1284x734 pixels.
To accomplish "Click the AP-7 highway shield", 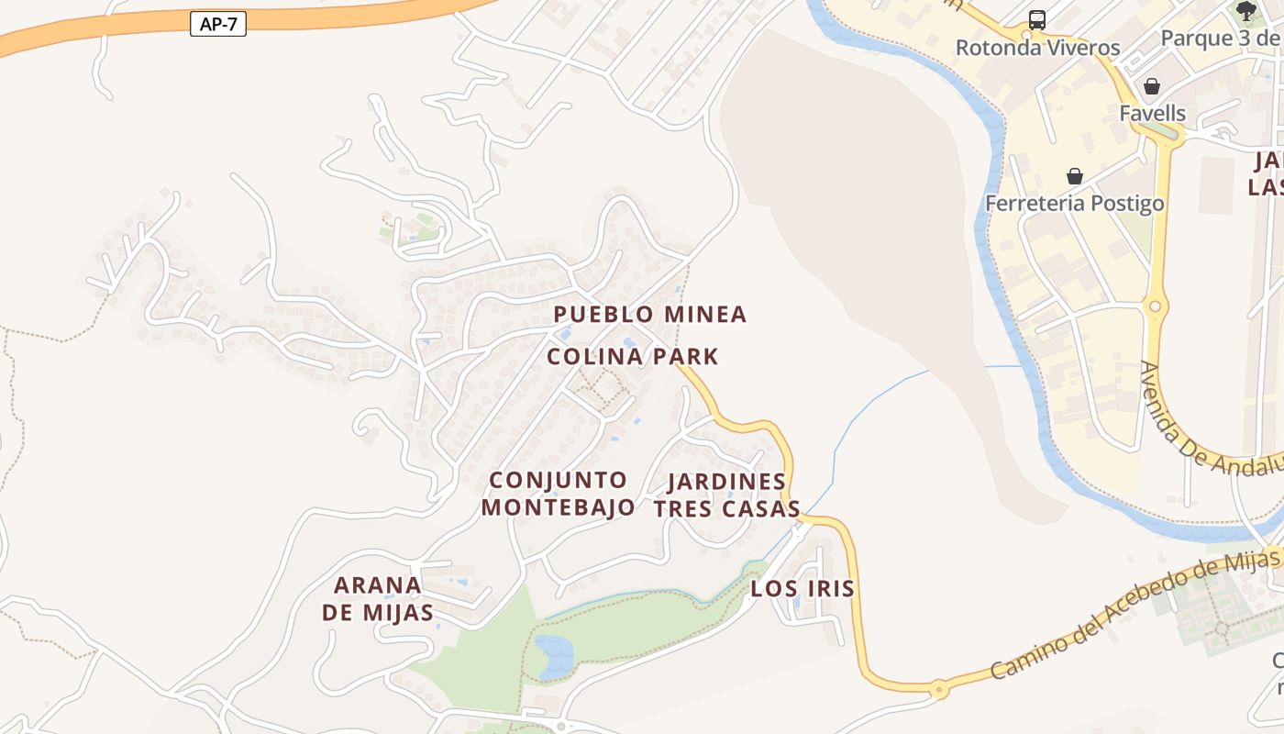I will (218, 24).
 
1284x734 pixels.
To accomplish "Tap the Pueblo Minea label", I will (650, 315).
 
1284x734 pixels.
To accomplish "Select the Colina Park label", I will (633, 357).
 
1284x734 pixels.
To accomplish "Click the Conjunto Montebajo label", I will (558, 494).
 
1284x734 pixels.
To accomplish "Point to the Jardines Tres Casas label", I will (726, 495).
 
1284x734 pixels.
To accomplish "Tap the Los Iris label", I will (802, 589).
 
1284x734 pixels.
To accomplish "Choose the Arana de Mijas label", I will (378, 598).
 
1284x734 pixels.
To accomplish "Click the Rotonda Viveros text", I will (1037, 48).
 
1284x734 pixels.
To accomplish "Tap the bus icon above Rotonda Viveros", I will (1037, 19).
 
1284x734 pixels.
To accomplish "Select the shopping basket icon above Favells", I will (1152, 86).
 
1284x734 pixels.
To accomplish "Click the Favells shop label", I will (1152, 114).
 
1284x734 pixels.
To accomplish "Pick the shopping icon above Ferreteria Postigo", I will (1074, 175).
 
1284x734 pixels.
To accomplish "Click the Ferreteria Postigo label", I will (1074, 203).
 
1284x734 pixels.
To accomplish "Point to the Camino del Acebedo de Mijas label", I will (1135, 613).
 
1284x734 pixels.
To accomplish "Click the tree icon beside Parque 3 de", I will (1245, 11).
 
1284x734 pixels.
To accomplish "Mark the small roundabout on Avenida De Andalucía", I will (1155, 306).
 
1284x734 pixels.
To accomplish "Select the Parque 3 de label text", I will (1220, 39).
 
